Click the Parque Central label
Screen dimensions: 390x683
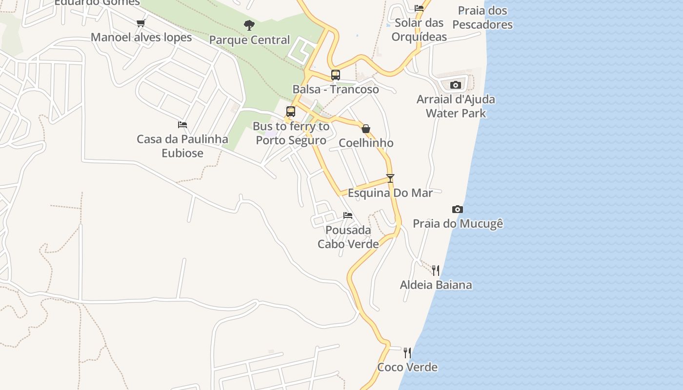pos(249,40)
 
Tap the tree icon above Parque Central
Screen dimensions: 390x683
pos(249,25)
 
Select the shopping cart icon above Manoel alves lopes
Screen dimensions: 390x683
pos(141,23)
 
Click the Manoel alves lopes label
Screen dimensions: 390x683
pos(141,38)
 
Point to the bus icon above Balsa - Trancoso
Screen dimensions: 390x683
pos(336,75)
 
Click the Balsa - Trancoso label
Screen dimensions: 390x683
pos(336,89)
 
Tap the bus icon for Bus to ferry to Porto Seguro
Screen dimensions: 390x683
pos(291,111)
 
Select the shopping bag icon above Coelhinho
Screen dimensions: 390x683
pos(366,129)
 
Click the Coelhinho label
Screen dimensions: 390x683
pos(366,143)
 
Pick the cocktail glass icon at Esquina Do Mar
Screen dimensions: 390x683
pos(390,178)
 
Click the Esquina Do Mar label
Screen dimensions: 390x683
pos(390,193)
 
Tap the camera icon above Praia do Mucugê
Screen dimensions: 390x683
pos(457,209)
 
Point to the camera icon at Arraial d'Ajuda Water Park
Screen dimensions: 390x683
pos(456,85)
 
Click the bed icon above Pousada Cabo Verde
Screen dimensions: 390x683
pos(348,215)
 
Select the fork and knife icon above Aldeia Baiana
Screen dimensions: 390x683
pos(436,270)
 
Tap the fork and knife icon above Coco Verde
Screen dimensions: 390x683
pos(407,352)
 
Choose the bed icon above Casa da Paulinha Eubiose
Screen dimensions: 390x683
pos(182,125)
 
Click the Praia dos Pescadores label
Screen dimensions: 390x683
pos(482,18)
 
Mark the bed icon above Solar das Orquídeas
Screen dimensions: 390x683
pos(419,8)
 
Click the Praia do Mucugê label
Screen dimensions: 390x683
pos(458,224)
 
